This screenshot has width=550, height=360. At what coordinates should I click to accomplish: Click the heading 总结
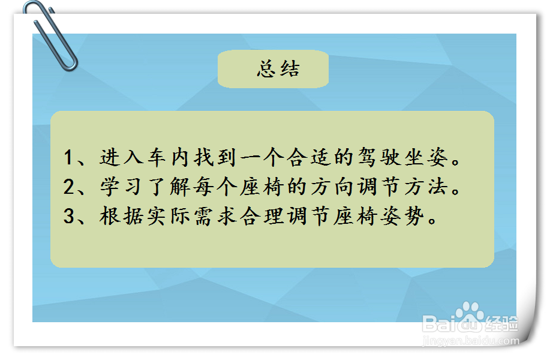(278, 69)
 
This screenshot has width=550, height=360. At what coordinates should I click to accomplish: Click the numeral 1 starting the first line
(68, 157)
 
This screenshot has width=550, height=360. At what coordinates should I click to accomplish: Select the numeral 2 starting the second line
(68, 187)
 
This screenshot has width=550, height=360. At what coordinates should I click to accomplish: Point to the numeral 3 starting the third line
(68, 216)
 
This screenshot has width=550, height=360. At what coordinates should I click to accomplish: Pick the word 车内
(169, 157)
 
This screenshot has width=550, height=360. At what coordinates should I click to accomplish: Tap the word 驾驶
(379, 157)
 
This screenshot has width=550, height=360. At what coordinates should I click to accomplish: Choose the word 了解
(169, 187)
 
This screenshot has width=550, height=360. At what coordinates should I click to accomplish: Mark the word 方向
(332, 187)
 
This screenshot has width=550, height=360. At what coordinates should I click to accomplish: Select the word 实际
(169, 216)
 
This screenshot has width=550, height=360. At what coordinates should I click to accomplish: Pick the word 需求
(215, 216)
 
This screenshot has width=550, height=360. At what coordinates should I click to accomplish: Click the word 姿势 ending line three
(402, 216)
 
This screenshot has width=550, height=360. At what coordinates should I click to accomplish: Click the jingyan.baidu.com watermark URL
(471, 340)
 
